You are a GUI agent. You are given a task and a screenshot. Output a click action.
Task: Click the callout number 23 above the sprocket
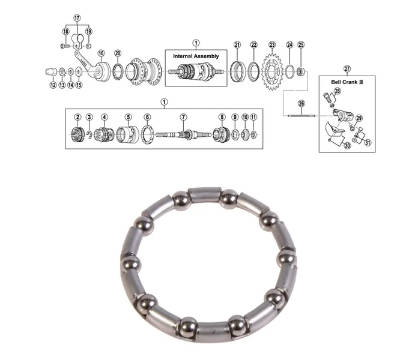tap(272, 45)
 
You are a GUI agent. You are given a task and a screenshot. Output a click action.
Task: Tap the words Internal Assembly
tap(196, 56)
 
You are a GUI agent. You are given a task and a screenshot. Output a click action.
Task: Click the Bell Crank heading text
tap(347, 82)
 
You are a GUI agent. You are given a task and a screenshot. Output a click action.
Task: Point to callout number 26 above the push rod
tap(301, 104)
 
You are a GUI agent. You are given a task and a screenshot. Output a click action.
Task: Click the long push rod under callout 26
tap(301, 116)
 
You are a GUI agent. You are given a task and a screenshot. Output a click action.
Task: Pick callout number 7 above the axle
tap(183, 117)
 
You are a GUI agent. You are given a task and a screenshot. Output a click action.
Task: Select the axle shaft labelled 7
tap(177, 134)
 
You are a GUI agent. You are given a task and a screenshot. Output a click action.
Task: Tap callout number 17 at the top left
tap(77, 18)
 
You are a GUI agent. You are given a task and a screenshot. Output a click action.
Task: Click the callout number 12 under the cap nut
tap(53, 85)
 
